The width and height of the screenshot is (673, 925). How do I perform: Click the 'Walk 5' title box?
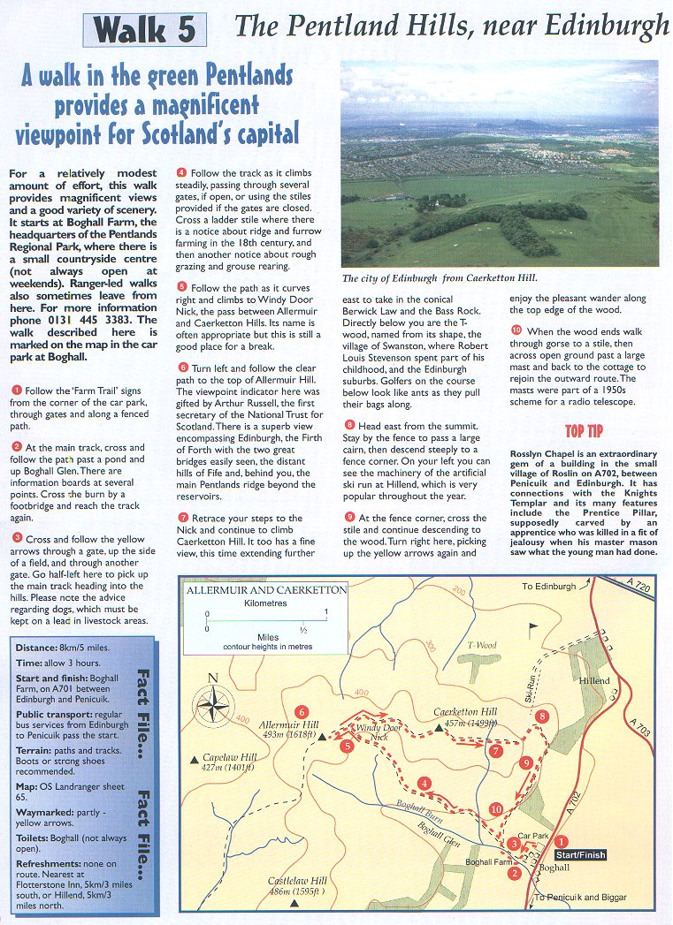point(145,30)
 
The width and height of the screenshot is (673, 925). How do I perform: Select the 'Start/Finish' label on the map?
point(580,854)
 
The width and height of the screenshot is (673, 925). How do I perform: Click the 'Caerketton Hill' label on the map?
point(467,716)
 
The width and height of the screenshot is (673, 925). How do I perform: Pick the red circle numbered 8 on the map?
point(542,716)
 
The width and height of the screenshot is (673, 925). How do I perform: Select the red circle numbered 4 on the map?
point(424,783)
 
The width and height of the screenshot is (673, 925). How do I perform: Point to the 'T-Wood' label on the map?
point(482,645)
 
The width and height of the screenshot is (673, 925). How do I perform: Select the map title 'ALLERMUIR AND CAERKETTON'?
point(266,588)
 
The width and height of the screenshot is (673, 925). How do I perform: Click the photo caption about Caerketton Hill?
point(439,277)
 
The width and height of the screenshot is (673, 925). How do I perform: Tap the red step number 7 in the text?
point(182,518)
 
